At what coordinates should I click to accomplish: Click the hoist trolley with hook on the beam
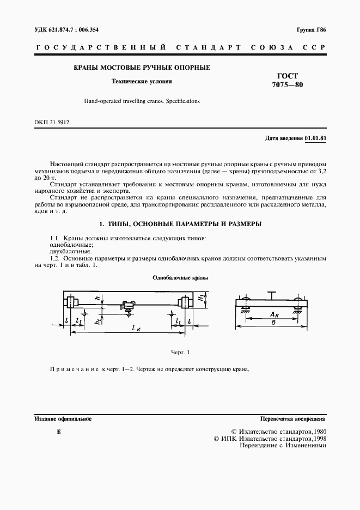click(x=130, y=307)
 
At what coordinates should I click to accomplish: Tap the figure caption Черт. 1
click(x=180, y=353)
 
